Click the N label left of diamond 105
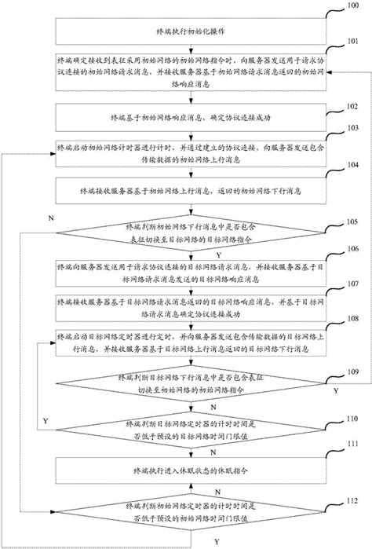point(51,216)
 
